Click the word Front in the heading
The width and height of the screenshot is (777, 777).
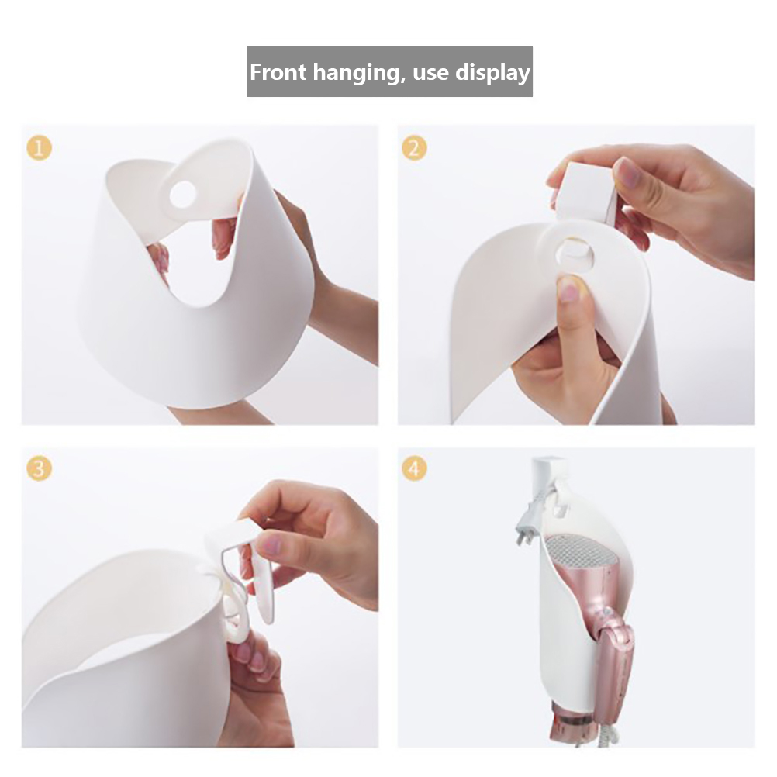coord(278,72)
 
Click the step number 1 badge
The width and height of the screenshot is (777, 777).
coord(39,147)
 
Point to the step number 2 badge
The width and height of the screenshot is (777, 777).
coord(414,147)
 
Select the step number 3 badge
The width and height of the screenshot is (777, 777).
coord(39,469)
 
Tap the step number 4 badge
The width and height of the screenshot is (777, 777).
coord(414,469)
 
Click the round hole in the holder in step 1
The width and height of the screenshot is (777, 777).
coord(183,194)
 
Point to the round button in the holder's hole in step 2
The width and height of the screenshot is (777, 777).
coord(576,254)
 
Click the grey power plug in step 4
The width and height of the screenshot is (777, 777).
coord(528,520)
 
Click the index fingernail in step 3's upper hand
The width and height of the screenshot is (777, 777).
coord(270,545)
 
